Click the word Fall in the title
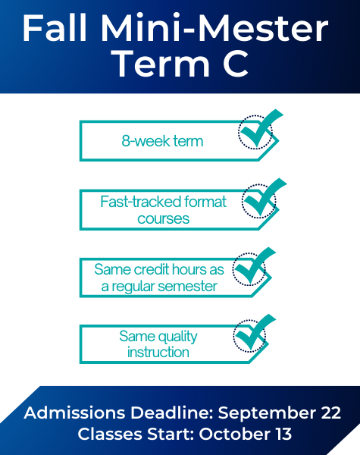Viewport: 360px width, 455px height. tap(55, 29)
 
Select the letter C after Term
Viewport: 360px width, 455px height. tap(236, 64)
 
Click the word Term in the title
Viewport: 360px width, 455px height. tap(161, 63)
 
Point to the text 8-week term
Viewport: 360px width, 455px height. tap(162, 141)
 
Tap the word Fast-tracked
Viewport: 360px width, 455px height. tap(140, 202)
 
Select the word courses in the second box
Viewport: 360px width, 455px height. tap(163, 219)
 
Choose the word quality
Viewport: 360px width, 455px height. tap(178, 337)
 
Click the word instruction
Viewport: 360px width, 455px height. tap(158, 353)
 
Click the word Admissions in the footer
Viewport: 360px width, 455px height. tap(74, 413)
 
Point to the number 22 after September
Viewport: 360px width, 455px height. tap(330, 413)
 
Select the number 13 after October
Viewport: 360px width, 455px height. tap(283, 434)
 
